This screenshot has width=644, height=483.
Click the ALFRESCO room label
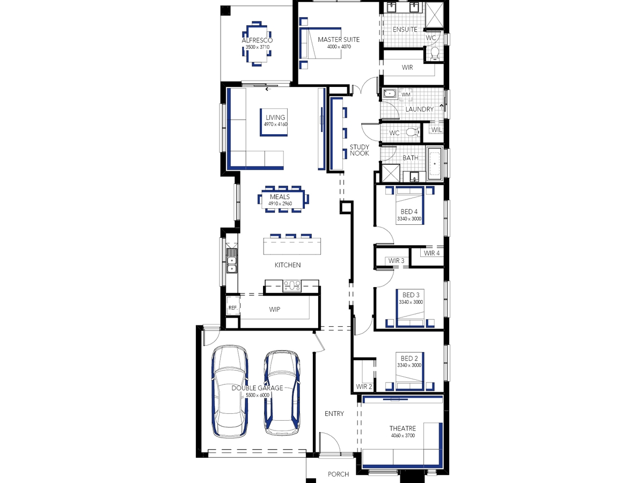pos(257,40)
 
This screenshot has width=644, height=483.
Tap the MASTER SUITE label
pos(339,40)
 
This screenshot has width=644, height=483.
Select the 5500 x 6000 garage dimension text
pos(257,395)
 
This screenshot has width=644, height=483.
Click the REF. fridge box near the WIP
pos(233,308)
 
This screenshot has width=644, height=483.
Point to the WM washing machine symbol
pos(406,94)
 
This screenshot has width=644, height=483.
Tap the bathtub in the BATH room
pos(435,164)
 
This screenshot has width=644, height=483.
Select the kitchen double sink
pos(231,265)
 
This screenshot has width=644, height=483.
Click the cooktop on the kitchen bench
pos(291,286)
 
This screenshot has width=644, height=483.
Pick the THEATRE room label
pos(402,428)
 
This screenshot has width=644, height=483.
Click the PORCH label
pos(338,474)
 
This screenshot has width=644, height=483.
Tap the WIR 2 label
pos(364,386)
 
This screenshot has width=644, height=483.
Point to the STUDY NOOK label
pos(360,150)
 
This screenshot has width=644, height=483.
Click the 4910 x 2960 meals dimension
pos(280,203)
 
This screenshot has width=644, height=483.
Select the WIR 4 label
pos(431,253)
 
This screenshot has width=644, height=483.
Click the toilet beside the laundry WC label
pos(414,132)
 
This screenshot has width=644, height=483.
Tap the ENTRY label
pos(334,413)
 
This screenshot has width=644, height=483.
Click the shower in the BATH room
pos(391,173)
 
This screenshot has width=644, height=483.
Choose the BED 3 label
pos(411,295)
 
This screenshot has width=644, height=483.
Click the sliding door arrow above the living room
pos(268,89)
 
